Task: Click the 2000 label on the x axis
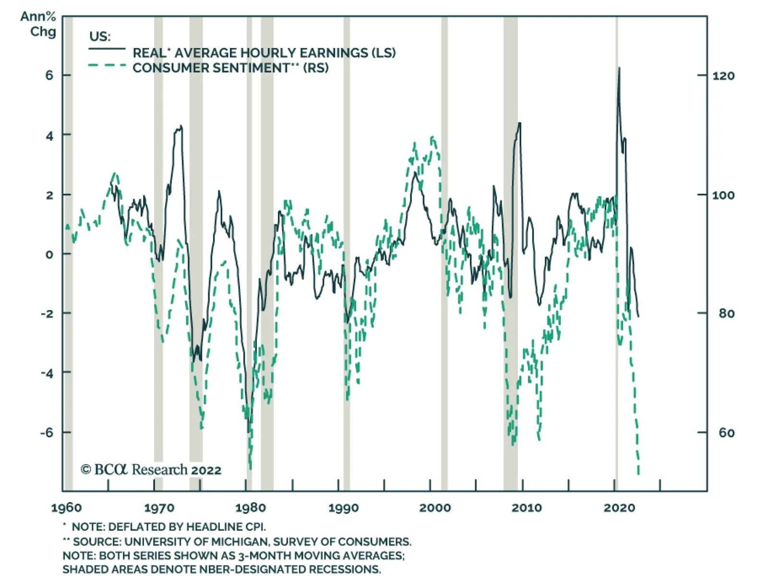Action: (435, 508)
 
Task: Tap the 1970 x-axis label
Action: (159, 508)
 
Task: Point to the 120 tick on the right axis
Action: (723, 76)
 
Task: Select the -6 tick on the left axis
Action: (47, 432)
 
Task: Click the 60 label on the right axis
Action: (726, 433)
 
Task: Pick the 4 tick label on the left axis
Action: (49, 136)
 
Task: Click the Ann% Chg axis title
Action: (38, 24)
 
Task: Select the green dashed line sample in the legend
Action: (107, 65)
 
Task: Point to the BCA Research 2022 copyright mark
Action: (151, 469)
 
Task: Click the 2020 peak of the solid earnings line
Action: (619, 69)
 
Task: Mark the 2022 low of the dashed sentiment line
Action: (638, 473)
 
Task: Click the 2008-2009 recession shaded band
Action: (510, 240)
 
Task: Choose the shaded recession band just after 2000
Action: (444, 240)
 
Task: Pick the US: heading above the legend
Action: (100, 37)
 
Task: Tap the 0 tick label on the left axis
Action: (49, 254)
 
